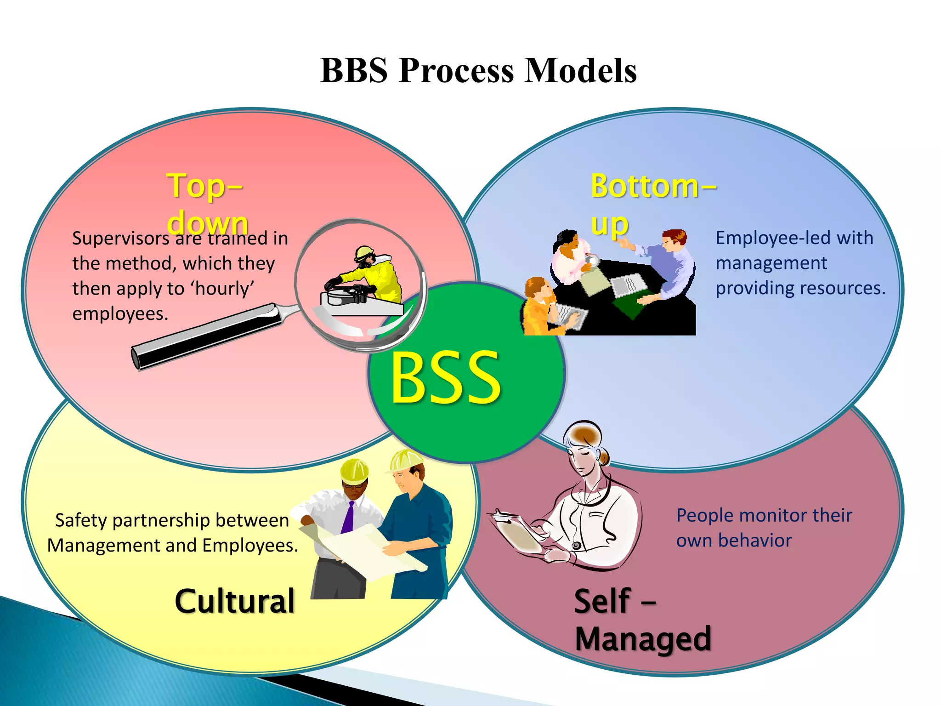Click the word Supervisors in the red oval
(x=121, y=239)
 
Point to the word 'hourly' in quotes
(x=222, y=289)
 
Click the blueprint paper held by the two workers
(x=363, y=552)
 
